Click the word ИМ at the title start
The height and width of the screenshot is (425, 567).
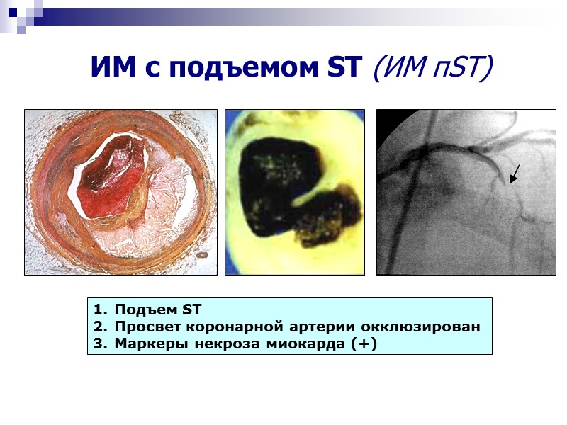(x=111, y=67)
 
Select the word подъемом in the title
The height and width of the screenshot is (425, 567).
(x=235, y=67)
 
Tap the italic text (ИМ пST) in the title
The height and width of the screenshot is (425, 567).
(x=432, y=68)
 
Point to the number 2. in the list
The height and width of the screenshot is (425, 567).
(x=99, y=327)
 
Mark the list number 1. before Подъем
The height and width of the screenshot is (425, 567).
(x=99, y=310)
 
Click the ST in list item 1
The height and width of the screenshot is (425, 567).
(x=192, y=310)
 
